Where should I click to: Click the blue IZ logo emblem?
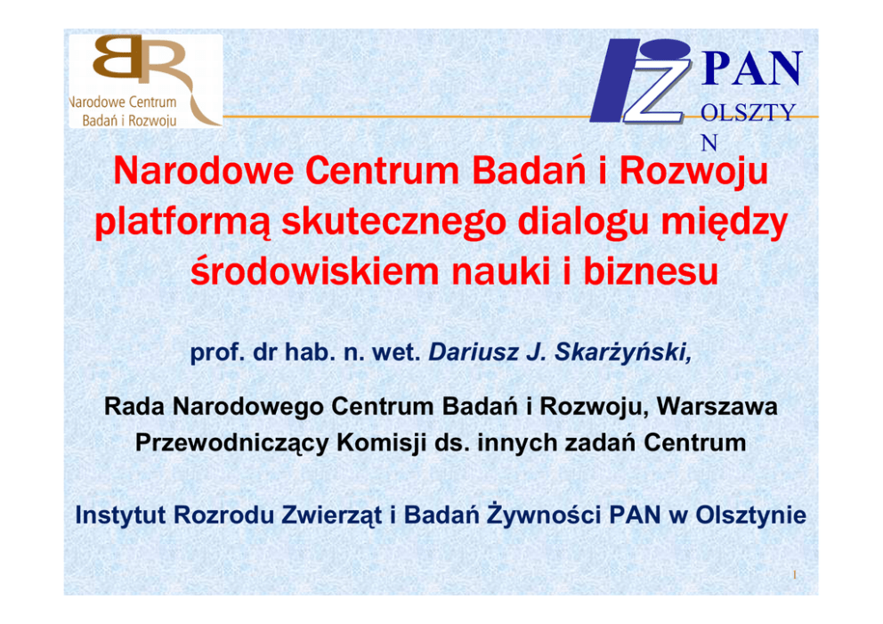[x=641, y=81]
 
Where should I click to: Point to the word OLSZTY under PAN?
[x=748, y=113]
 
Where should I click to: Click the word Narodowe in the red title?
[x=203, y=171]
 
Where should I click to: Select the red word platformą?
[x=182, y=223]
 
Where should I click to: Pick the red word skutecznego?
[x=394, y=223]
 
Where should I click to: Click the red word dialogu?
[x=583, y=223]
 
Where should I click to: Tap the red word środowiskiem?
[x=314, y=271]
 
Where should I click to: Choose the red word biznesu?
[x=651, y=271]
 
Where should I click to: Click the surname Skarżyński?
[x=623, y=353]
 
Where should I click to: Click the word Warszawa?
[x=717, y=406]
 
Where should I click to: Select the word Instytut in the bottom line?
[x=120, y=515]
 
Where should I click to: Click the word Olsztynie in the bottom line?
[x=750, y=515]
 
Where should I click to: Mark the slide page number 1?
[x=795, y=575]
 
